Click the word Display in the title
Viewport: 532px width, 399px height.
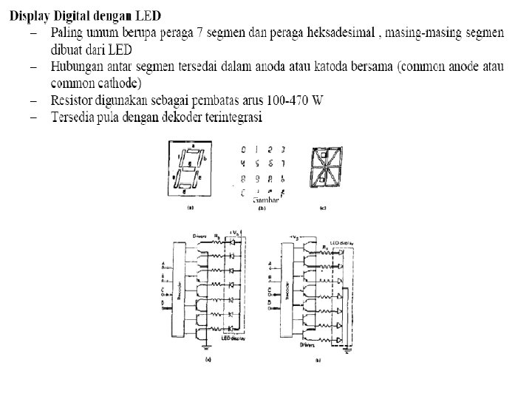[35, 16]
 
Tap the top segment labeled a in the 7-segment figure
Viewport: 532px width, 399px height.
[193, 148]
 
